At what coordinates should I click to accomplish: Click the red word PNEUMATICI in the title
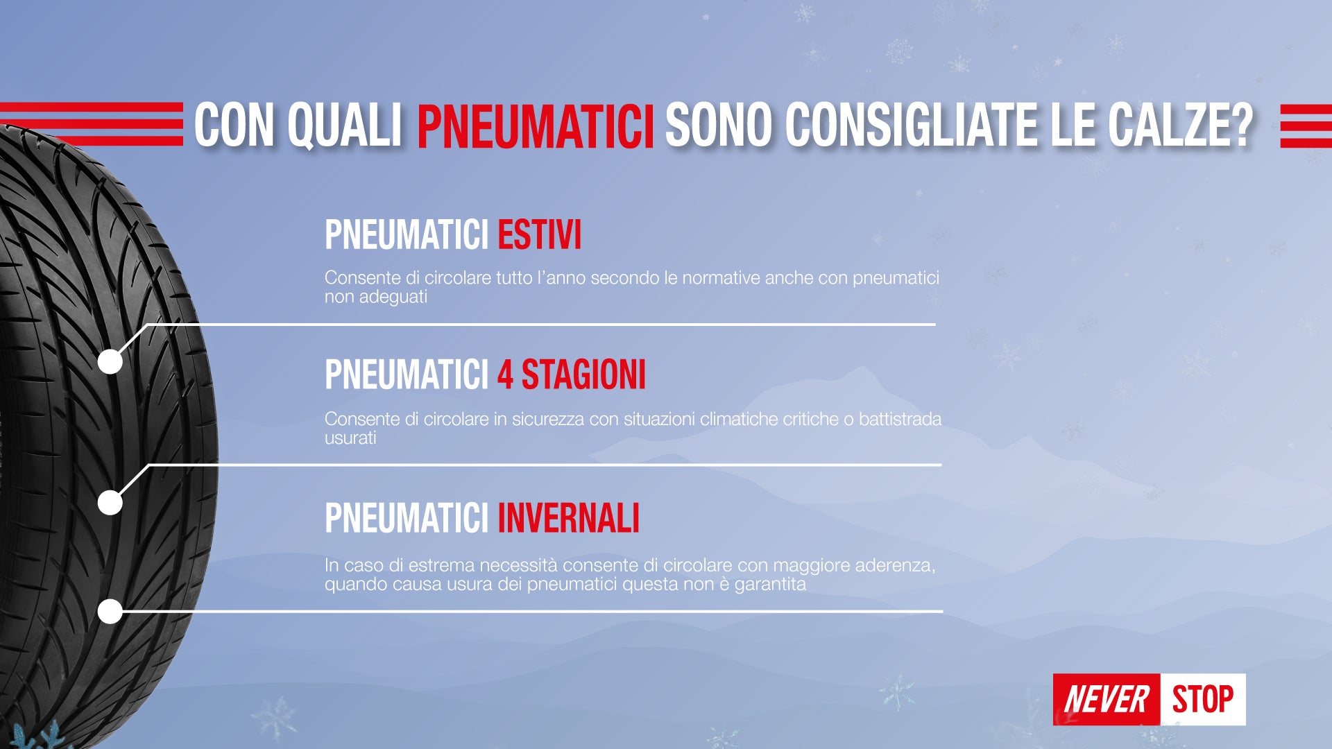click(536, 126)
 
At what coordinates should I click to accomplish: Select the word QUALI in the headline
click(345, 126)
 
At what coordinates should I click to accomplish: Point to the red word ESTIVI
click(539, 235)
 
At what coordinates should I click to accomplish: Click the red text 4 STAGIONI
click(571, 375)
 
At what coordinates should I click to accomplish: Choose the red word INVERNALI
click(568, 518)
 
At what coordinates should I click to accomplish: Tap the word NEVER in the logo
click(1107, 699)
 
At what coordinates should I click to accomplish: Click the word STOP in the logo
click(1203, 699)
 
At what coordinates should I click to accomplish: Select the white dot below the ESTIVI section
click(110, 361)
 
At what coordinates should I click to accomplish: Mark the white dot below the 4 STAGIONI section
click(110, 502)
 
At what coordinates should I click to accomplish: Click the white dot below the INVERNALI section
click(110, 612)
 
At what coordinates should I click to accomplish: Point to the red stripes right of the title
click(1306, 126)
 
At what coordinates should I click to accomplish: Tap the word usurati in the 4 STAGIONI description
click(350, 438)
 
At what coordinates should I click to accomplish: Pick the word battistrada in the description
click(900, 420)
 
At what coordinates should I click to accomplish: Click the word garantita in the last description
click(770, 585)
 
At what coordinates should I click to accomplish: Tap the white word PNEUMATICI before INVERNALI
click(407, 518)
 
